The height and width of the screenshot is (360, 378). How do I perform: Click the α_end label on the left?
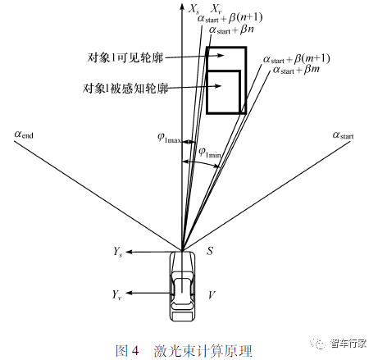coord(24,134)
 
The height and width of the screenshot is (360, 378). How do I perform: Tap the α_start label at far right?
coord(343,135)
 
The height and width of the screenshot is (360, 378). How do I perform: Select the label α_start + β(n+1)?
coord(230,18)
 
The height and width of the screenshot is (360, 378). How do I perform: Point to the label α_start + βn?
coord(231,30)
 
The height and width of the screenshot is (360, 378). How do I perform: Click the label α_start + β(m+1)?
coord(296,59)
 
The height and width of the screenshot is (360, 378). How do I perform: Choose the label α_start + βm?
coord(296,70)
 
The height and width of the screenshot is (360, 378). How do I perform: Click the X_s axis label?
coord(194,9)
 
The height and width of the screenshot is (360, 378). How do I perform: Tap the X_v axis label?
coord(216,9)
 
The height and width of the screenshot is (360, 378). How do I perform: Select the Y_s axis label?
coord(118,252)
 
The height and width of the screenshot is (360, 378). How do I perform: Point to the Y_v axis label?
coord(116,295)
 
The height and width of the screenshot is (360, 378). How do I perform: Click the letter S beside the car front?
coord(210,251)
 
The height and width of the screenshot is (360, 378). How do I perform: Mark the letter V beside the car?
coord(212,295)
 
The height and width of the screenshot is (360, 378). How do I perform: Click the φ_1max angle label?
coord(169,138)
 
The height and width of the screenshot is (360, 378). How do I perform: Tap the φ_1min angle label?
coord(210,153)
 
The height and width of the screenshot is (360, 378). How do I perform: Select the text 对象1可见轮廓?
coord(125,57)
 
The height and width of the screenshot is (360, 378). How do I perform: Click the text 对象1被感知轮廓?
coord(125,89)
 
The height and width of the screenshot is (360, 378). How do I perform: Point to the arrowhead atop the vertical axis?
coord(182,6)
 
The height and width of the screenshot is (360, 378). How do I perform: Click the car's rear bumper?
coord(182,317)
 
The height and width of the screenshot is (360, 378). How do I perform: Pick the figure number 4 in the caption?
coord(135,350)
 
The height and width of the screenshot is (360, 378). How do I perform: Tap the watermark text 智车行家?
coord(348,343)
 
